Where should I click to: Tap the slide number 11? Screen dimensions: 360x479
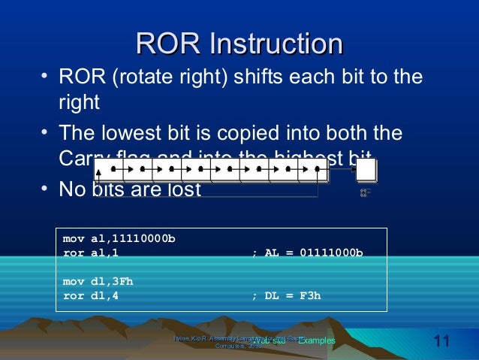tap(441, 343)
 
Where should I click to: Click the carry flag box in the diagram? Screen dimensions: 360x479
tap(366, 171)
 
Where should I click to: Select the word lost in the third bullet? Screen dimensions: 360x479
tap(182, 189)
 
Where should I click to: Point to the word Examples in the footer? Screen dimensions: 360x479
tap(316, 341)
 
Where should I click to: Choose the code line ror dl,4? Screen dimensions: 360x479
tap(91, 295)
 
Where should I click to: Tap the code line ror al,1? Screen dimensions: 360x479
tap(91, 253)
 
